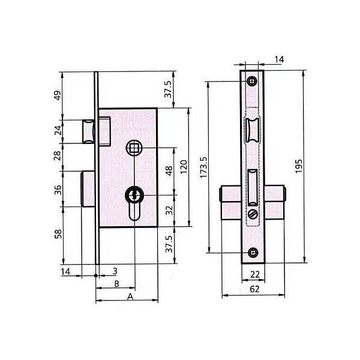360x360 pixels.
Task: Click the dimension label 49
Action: click(58, 95)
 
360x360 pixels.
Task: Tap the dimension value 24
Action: click(58, 130)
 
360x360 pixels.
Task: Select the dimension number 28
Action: click(58, 155)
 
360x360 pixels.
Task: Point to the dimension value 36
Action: click(58, 190)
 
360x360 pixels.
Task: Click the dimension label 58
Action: click(58, 234)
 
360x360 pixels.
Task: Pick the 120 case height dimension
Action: click(184, 167)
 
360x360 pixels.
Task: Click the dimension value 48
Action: click(169, 170)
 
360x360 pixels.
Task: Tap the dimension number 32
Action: click(169, 210)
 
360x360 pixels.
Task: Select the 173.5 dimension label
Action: click(203, 167)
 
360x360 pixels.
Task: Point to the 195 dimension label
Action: click(298, 166)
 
